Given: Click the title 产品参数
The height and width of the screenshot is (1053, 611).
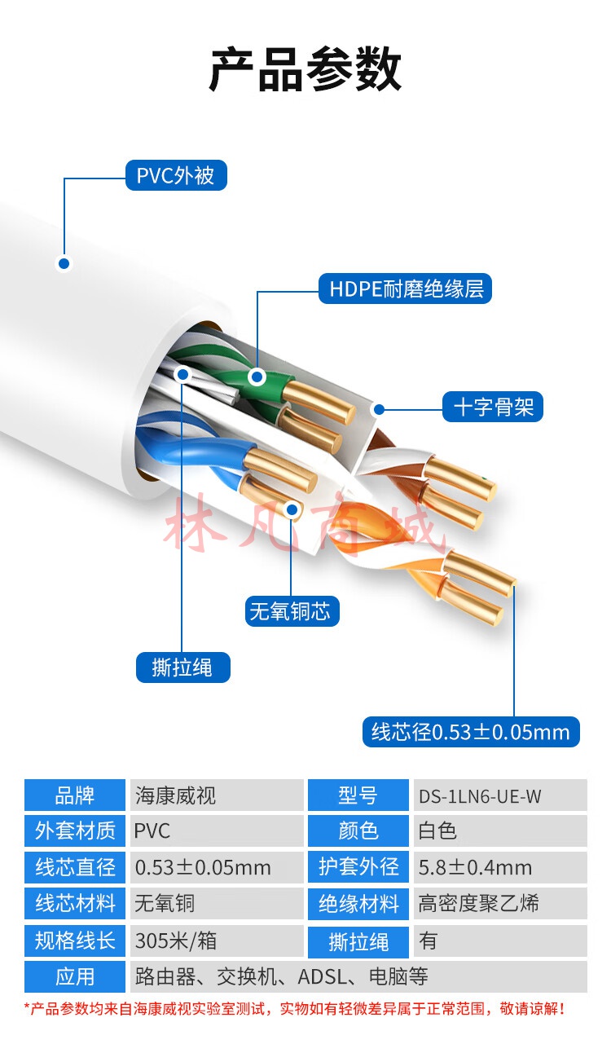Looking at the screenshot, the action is click(x=305, y=69).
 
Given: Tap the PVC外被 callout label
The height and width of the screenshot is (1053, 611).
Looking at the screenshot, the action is click(x=176, y=175).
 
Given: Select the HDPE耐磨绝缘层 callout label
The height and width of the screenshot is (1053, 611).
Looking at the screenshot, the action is click(x=405, y=289).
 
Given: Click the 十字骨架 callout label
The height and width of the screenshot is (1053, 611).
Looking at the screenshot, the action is click(x=493, y=407).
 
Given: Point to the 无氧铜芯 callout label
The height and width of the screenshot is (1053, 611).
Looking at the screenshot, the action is click(x=292, y=611).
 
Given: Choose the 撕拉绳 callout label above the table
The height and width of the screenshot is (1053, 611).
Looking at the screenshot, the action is click(x=182, y=667).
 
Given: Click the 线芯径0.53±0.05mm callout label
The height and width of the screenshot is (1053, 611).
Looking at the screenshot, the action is click(x=471, y=732).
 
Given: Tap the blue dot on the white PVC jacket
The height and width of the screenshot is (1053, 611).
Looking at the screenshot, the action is click(x=64, y=263).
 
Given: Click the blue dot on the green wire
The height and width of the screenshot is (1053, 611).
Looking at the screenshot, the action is click(x=257, y=376).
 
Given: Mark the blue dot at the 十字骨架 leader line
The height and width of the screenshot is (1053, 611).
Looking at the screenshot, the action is click(x=379, y=409).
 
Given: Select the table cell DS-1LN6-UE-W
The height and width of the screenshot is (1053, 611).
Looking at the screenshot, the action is click(x=500, y=795).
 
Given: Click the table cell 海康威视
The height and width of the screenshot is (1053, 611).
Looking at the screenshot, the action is click(x=217, y=795).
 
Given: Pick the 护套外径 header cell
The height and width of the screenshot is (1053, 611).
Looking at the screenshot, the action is click(x=358, y=867).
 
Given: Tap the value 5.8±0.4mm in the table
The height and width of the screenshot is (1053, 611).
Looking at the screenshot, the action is click(x=500, y=867).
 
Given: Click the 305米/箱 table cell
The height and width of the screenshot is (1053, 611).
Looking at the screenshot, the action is click(x=217, y=941).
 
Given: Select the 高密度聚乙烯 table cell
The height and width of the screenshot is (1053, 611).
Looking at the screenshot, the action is click(x=500, y=903).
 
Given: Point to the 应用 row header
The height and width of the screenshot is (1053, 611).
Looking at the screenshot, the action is click(x=75, y=977).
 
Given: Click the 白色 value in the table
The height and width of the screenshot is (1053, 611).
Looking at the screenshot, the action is click(x=500, y=831).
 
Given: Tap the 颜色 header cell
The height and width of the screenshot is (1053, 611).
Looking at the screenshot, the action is click(x=358, y=831).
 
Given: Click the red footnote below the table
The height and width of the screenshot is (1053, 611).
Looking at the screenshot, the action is click(x=295, y=1008).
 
